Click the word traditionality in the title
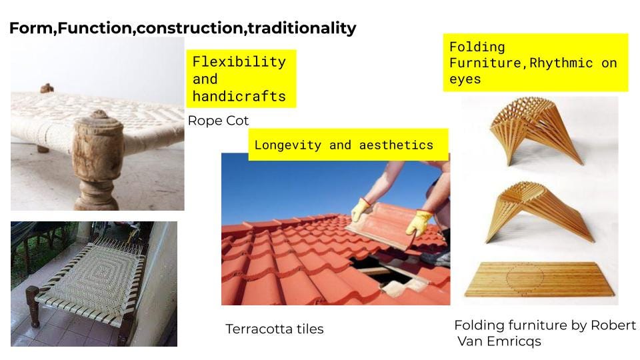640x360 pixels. (x=302, y=28)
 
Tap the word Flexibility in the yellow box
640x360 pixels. (x=239, y=61)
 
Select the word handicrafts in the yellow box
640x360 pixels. (x=239, y=96)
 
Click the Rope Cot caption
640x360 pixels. (x=219, y=121)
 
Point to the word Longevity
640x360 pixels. (x=288, y=145)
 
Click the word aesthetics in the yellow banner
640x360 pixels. (x=396, y=145)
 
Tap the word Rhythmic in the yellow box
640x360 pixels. (x=561, y=63)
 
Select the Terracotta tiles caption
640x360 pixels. (x=275, y=329)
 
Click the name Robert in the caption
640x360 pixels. (x=613, y=325)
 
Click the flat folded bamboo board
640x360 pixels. (x=539, y=279)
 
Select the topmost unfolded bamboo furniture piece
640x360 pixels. (x=536, y=131)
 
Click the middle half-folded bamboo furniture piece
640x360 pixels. (x=539, y=212)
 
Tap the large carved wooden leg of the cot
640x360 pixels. (x=97, y=160)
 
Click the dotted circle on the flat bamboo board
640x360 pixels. (x=525, y=278)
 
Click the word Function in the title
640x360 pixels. (x=95, y=28)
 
